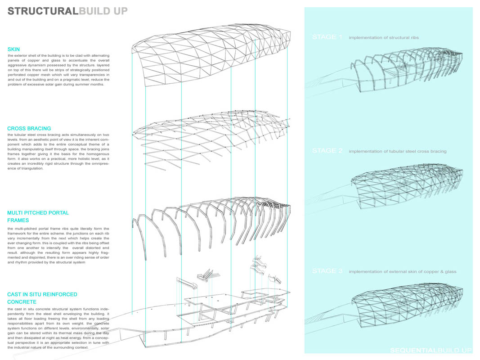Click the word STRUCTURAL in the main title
coord(43,11)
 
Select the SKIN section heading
coord(13,49)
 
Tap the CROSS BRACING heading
coord(29,129)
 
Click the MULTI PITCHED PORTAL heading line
coord(38,213)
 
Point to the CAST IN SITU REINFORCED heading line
coord(42,294)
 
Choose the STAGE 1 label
coord(327,37)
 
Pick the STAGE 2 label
coord(327,151)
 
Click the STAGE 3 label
coord(327,271)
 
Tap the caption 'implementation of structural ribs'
coord(383,38)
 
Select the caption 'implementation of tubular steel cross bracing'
coord(397,151)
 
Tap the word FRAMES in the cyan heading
coord(18,220)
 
